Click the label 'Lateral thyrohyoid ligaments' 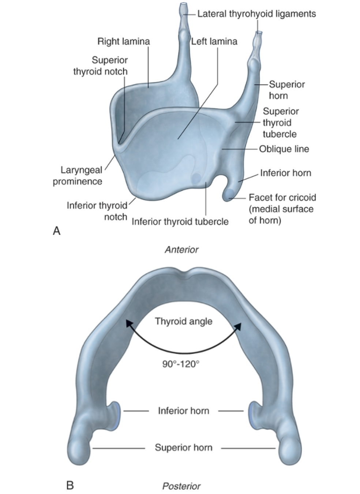[x=256, y=14]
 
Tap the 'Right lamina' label [x=123, y=41]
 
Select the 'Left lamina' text [x=214, y=41]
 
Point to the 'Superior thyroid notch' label [x=101, y=66]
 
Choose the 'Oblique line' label [x=284, y=149]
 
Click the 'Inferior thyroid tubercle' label [x=180, y=221]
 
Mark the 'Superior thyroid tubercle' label [x=280, y=123]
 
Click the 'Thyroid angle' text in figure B [x=183, y=321]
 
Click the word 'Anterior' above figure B [x=181, y=250]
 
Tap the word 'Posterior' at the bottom [x=181, y=486]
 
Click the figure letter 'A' [x=56, y=231]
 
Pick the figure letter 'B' [x=70, y=485]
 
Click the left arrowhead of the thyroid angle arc [x=128, y=323]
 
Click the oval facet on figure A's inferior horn [x=229, y=194]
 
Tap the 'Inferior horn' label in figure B [x=183, y=411]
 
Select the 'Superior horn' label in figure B [x=183, y=448]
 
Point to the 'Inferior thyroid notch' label [x=97, y=211]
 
